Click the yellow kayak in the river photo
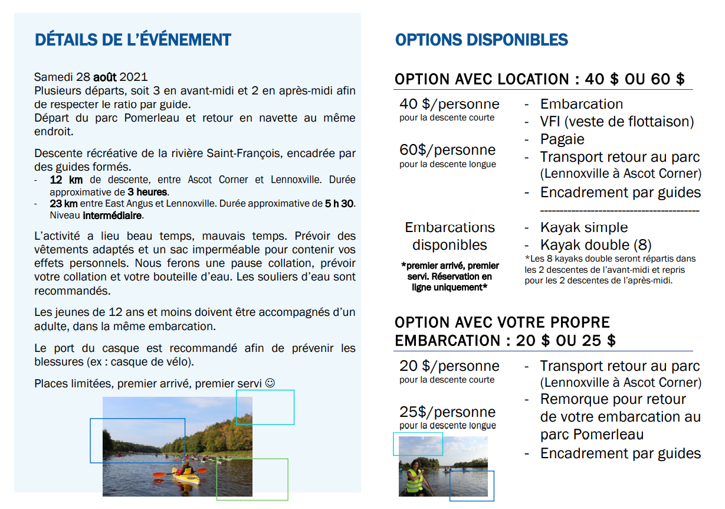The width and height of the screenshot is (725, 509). tap(186, 478)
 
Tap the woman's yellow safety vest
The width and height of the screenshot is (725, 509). tap(415, 481)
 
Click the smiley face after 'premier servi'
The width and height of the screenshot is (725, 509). tap(270, 383)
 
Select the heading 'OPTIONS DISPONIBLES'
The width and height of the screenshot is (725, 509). tap(481, 40)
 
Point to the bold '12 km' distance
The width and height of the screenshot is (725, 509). tap(66, 180)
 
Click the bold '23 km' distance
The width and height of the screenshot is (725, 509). tap(64, 204)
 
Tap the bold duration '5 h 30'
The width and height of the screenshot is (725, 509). tap(340, 204)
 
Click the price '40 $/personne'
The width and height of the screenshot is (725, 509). tap(449, 105)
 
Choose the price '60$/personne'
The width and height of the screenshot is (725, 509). tap(447, 150)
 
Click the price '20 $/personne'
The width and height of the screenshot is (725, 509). tap(449, 366)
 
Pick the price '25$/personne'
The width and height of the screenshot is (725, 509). tap(447, 412)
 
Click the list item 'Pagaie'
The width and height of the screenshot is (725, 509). tap(562, 139)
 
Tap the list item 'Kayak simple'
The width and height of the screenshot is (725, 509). tap(583, 227)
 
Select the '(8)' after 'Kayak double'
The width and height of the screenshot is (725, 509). tap(642, 245)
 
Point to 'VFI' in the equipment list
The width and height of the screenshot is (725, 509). tap(552, 122)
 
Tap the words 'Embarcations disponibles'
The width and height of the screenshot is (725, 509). tap(450, 236)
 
